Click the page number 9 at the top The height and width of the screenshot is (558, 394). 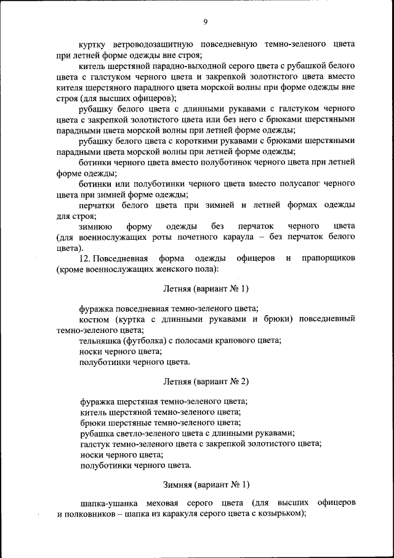pyautogui.click(x=206, y=22)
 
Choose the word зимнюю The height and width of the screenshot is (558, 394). pyautogui.click(x=95, y=226)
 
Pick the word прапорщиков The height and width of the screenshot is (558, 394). pyautogui.click(x=328, y=258)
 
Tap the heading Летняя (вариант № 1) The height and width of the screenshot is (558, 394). pyautogui.click(x=206, y=289)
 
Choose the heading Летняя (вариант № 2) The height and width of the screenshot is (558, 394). pyautogui.click(x=206, y=382)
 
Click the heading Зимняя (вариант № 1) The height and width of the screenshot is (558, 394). pyautogui.click(x=206, y=485)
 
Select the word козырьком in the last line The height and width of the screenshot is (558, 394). pyautogui.click(x=278, y=514)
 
